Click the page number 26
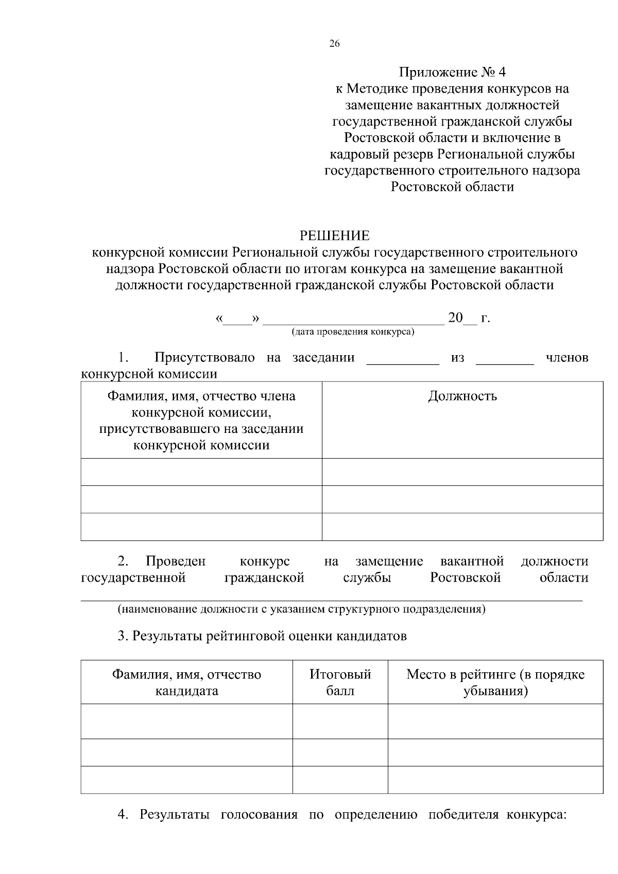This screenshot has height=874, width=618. pos(334,44)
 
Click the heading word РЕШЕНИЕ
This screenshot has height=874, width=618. pos(335,236)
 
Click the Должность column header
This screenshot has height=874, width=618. pos(462,396)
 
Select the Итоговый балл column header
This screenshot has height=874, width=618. pos(340,682)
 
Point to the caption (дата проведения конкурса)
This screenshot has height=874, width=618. pos(353,331)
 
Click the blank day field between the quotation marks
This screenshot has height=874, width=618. pos(237,319)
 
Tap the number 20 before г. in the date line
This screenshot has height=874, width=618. pos(455,318)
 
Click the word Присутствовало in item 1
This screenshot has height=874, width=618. pos(204,358)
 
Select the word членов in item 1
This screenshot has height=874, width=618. pos(566,358)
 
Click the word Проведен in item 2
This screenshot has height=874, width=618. pos(175,561)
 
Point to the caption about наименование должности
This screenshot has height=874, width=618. pos(301,609)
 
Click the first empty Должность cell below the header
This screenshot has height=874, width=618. pos(462,471)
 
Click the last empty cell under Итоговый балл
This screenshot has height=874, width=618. pos(340,779)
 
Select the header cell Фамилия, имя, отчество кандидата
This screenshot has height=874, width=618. pos(186,682)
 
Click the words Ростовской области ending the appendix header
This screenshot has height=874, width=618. pos(452,187)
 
